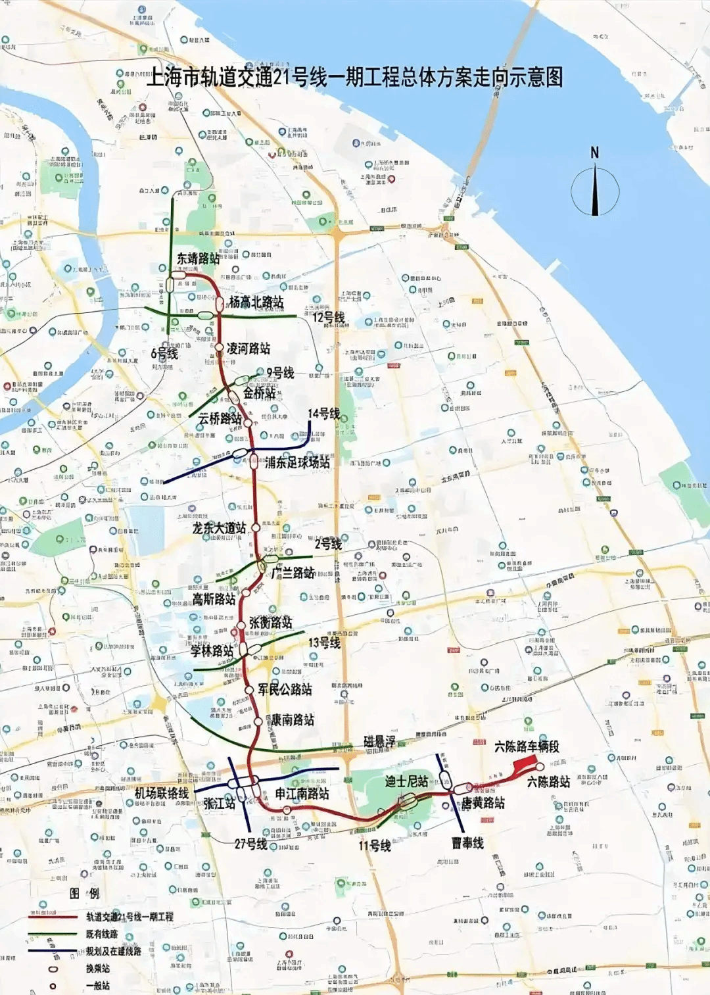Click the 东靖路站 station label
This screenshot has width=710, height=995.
(x=198, y=258)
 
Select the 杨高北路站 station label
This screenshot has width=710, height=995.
(x=256, y=302)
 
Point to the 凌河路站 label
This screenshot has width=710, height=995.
(x=248, y=349)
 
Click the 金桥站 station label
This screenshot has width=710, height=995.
(x=259, y=393)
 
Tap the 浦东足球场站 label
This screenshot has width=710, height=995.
(x=297, y=462)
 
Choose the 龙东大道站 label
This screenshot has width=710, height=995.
(x=219, y=528)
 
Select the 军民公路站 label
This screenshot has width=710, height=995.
(x=285, y=689)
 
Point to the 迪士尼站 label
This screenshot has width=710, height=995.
(x=406, y=781)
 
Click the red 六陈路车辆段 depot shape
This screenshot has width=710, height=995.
(x=526, y=764)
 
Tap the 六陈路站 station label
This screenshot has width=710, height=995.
(x=548, y=781)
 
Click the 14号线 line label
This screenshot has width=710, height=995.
(x=324, y=414)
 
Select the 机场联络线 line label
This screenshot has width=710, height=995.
(x=162, y=793)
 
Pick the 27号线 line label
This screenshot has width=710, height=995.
(x=250, y=844)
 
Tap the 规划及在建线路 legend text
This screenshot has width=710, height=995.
(x=113, y=951)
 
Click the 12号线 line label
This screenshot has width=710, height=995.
(x=328, y=318)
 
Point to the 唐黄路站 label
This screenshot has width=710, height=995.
(x=483, y=803)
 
